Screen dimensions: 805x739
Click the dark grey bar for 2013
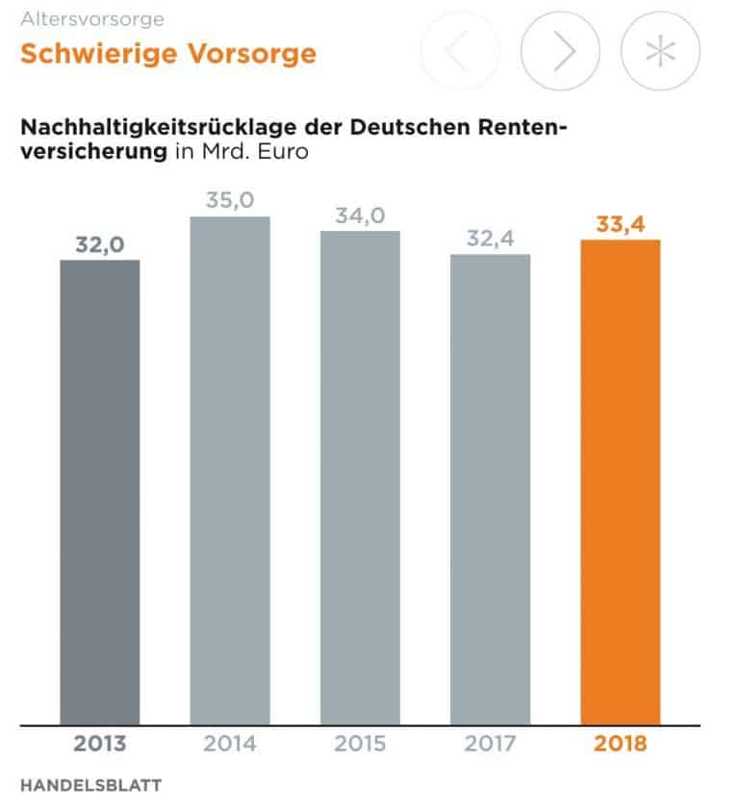coord(100,491)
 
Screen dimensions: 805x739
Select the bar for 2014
coord(230,470)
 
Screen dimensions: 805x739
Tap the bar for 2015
coord(360,477)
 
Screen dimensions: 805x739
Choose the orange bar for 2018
coord(621,481)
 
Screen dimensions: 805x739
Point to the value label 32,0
coord(100,244)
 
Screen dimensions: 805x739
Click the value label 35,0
coord(230,201)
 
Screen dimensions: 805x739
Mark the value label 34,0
coord(360,215)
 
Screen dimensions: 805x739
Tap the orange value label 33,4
coord(621,224)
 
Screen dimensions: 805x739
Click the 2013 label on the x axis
coord(100,743)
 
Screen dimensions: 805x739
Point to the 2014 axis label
coord(230,743)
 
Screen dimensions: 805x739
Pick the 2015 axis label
coord(360,743)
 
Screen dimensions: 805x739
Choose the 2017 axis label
coord(491,743)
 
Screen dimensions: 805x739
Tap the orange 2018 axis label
coord(621,743)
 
